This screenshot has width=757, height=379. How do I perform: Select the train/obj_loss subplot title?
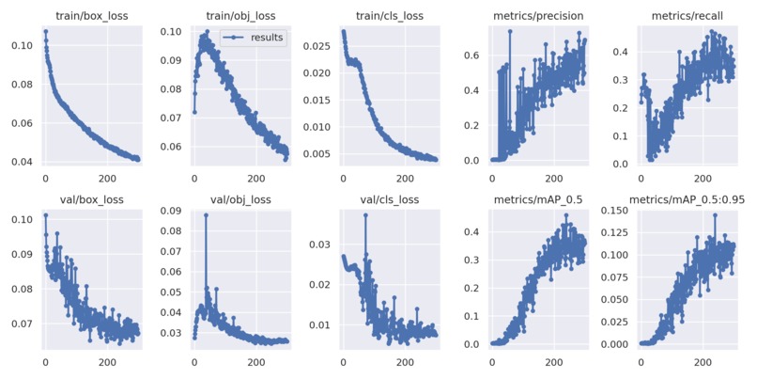tap(239, 15)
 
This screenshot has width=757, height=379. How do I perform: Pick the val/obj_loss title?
tap(239, 198)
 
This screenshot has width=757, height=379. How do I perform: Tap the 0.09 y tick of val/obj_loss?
tap(170, 211)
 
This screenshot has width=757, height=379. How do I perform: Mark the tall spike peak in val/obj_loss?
tap(206, 215)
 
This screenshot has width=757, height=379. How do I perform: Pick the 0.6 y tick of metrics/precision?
tap(474, 55)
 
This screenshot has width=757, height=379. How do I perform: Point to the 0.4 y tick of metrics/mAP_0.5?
tap(474, 231)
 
